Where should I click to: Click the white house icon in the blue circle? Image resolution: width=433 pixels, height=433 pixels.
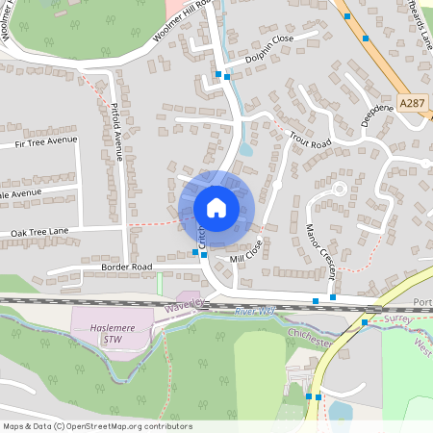216,207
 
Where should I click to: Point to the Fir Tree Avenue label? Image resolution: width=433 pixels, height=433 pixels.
44,141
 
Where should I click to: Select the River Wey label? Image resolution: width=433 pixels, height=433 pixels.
254,311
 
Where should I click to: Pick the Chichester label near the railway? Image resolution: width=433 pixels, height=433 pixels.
308,336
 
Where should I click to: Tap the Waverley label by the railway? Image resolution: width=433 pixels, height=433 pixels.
186,304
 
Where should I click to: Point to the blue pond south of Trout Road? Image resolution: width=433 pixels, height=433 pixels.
245,147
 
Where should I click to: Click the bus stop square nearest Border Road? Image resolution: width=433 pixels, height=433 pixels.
195,252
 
